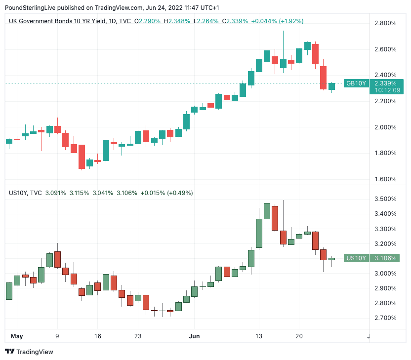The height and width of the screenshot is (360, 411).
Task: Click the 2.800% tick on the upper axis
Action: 385,23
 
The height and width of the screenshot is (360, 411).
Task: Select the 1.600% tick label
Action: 385,179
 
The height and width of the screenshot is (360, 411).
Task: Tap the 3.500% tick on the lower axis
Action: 385,199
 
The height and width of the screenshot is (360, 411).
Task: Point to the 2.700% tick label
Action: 385,318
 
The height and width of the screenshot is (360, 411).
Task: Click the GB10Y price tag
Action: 356,83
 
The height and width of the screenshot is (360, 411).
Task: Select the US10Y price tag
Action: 356,258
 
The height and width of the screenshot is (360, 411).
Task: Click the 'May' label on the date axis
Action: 17,336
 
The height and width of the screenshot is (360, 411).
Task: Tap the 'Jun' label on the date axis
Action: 195,336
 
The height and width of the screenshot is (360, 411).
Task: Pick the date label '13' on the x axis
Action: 258,336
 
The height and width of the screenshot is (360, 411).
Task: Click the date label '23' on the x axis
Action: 137,336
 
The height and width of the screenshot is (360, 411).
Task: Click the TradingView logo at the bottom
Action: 29,352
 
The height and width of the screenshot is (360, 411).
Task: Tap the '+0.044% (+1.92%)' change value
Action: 277,21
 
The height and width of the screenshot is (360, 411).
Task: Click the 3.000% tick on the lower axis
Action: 385,273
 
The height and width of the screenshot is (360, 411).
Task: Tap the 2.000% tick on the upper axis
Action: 385,127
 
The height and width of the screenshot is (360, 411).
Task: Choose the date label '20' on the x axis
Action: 299,336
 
